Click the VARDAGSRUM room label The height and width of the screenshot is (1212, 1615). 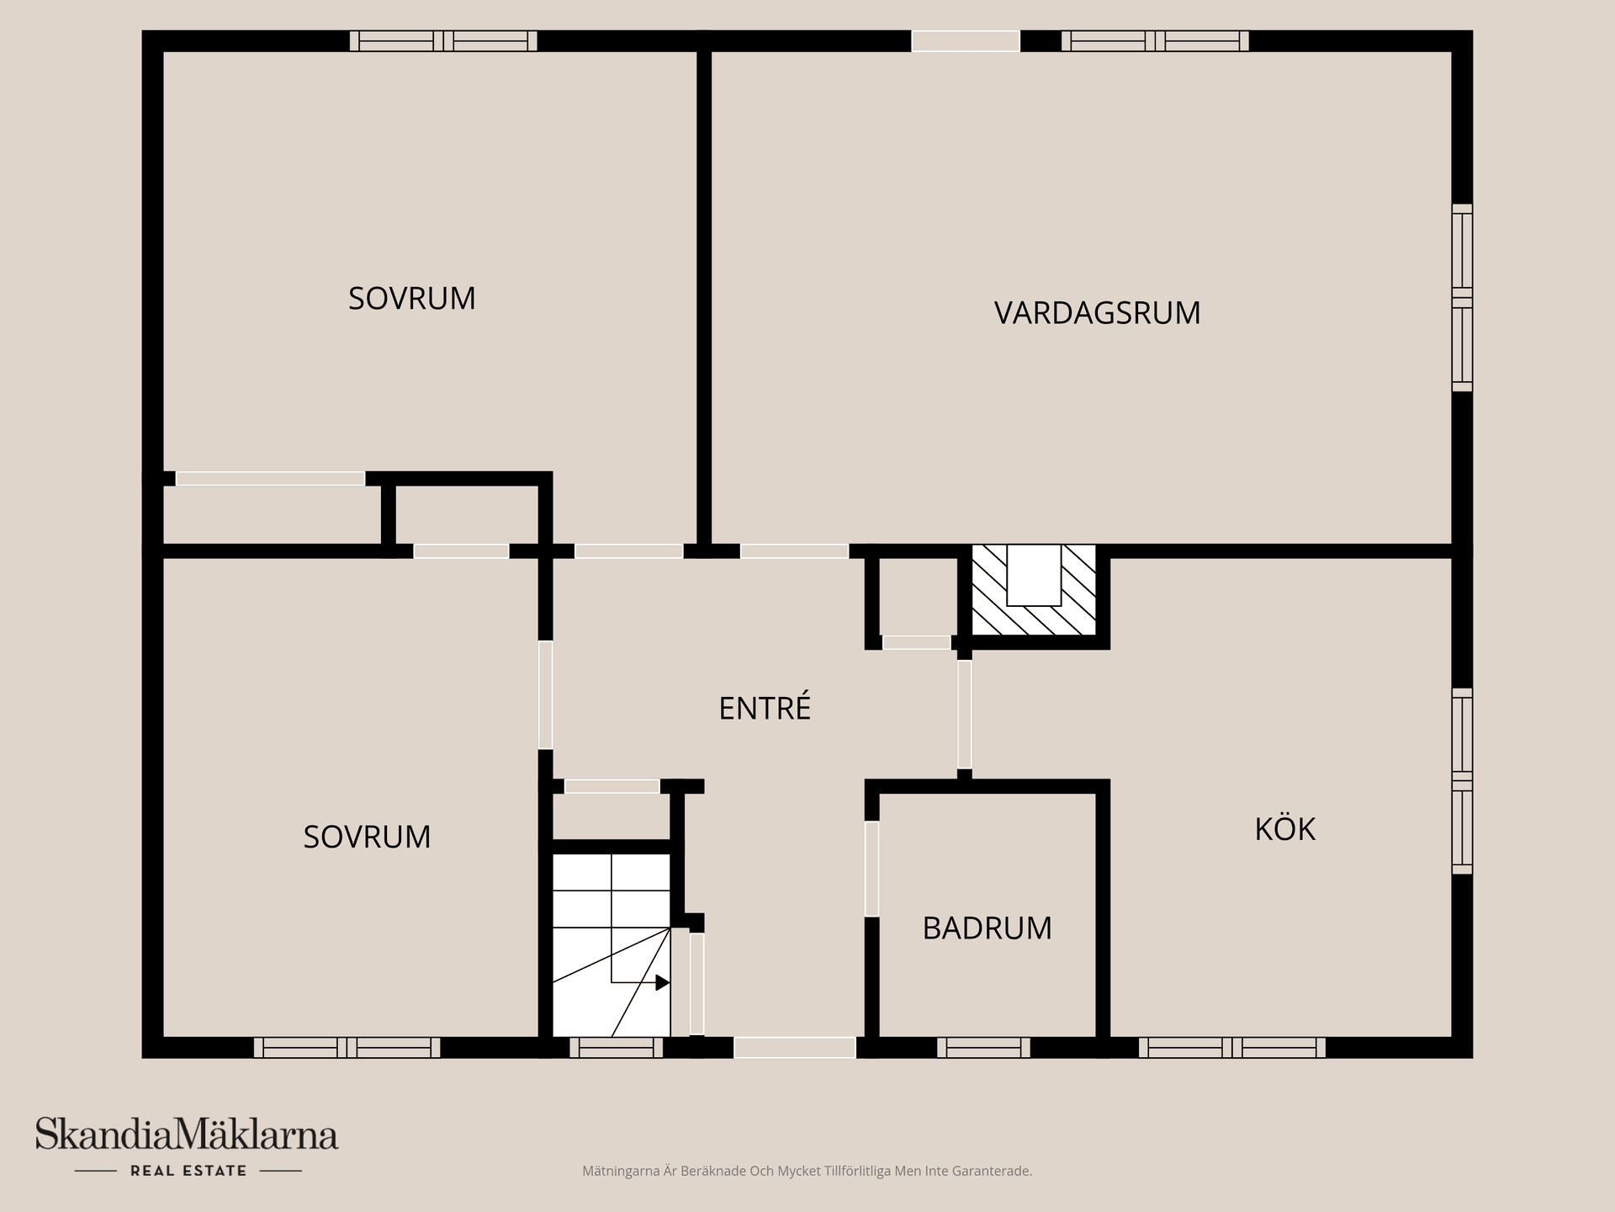click(1097, 313)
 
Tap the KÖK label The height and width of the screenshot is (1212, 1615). click(1284, 830)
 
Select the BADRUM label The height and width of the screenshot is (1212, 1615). click(987, 928)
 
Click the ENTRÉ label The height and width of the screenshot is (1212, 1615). click(765, 709)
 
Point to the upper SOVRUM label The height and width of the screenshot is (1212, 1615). click(411, 299)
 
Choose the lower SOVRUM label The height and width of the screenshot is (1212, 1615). click(367, 837)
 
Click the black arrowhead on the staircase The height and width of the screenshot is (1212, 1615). click(663, 982)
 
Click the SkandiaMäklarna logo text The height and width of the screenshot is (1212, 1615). click(186, 1135)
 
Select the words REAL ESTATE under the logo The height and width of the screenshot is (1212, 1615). click(188, 1171)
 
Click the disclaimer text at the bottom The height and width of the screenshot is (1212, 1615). click(807, 1171)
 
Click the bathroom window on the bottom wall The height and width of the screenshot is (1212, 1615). click(983, 1048)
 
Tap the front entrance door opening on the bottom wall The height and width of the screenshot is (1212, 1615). click(794, 1048)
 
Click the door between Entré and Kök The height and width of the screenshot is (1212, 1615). click(965, 715)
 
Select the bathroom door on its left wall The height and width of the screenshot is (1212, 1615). click(872, 869)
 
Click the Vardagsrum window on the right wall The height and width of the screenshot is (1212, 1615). click(1462, 298)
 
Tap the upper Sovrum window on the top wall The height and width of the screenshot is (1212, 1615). click(443, 41)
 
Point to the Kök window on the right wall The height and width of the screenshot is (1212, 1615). click(1462, 781)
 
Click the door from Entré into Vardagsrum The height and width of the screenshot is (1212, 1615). click(794, 551)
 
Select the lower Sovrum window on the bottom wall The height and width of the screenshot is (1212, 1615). click(347, 1048)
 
